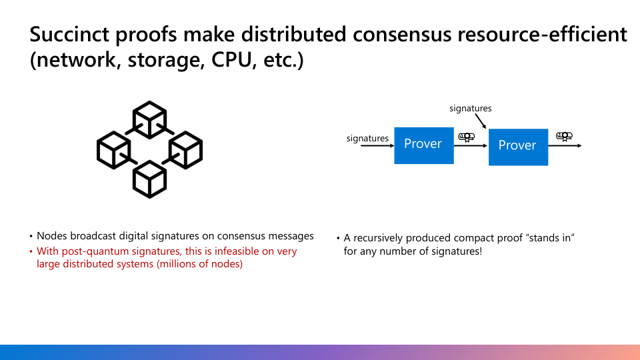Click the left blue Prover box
tap(423, 145)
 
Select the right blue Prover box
tap(518, 147)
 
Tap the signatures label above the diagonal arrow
tap(470, 108)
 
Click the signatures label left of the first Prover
tap(367, 139)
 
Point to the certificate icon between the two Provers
tap(467, 137)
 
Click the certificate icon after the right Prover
tap(564, 137)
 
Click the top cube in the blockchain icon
tap(149, 119)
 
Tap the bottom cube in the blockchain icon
tap(149, 179)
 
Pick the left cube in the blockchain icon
tap(113, 149)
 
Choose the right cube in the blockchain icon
tap(185, 149)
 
